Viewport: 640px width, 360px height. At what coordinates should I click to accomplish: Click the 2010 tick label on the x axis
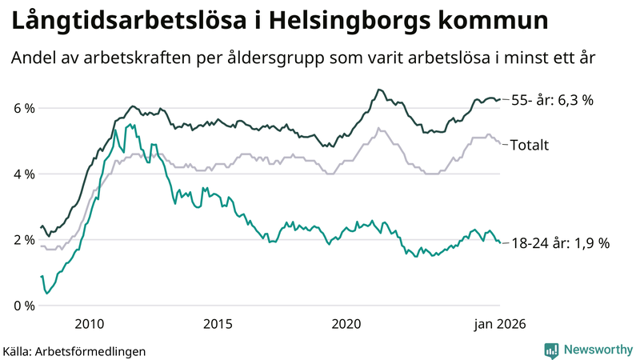89,324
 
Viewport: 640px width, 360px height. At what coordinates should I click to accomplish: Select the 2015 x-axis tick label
218,324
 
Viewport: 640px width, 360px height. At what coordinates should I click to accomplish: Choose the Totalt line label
529,145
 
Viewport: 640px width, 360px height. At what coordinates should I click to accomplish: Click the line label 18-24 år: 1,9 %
559,243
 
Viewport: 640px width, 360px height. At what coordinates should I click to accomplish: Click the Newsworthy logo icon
551,350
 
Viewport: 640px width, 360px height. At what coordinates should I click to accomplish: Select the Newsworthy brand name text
597,350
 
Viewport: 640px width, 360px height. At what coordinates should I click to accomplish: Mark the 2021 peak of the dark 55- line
378,90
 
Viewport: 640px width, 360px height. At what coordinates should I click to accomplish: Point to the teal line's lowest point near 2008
47,294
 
